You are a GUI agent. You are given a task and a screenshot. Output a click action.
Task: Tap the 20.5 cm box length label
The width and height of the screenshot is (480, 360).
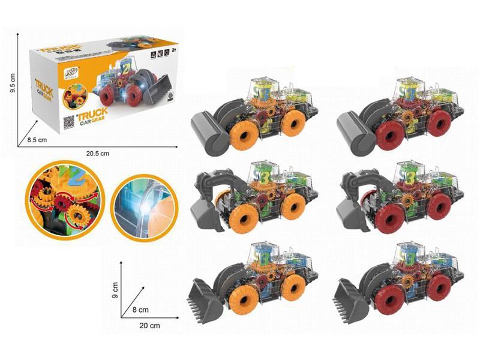coord(97,154)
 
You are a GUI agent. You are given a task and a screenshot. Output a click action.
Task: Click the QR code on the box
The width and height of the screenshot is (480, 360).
coord(68,120)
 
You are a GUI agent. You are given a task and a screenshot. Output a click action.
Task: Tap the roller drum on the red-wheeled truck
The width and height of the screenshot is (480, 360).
coord(355,132)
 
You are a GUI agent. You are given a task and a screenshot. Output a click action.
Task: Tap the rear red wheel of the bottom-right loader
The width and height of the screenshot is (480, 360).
coord(440,286)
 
